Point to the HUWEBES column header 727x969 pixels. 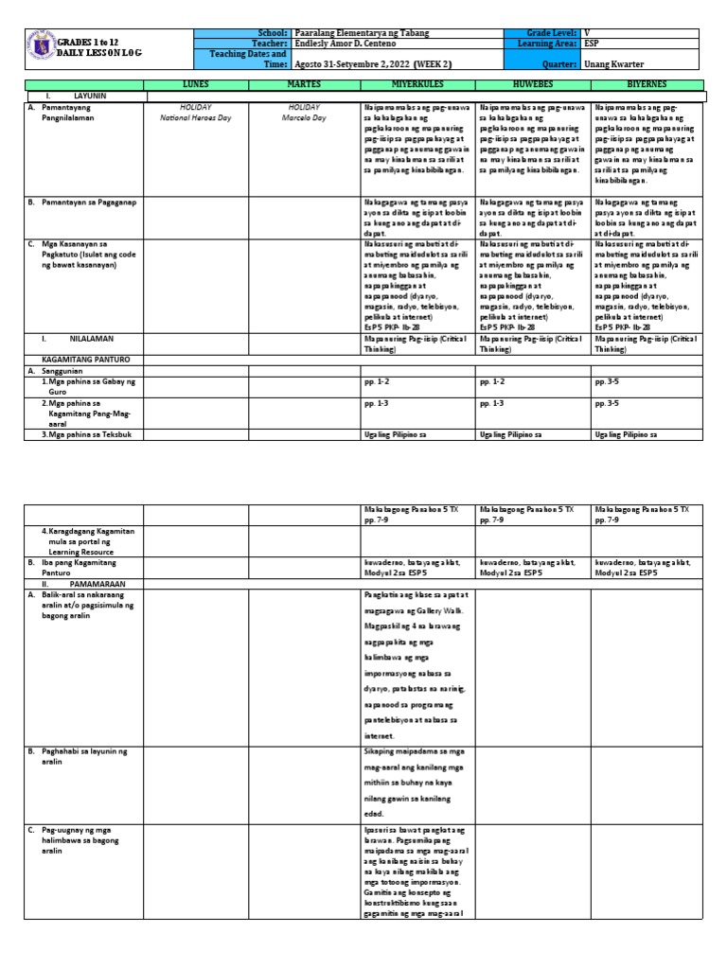pos(532,84)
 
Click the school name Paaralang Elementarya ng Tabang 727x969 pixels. pos(363,33)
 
